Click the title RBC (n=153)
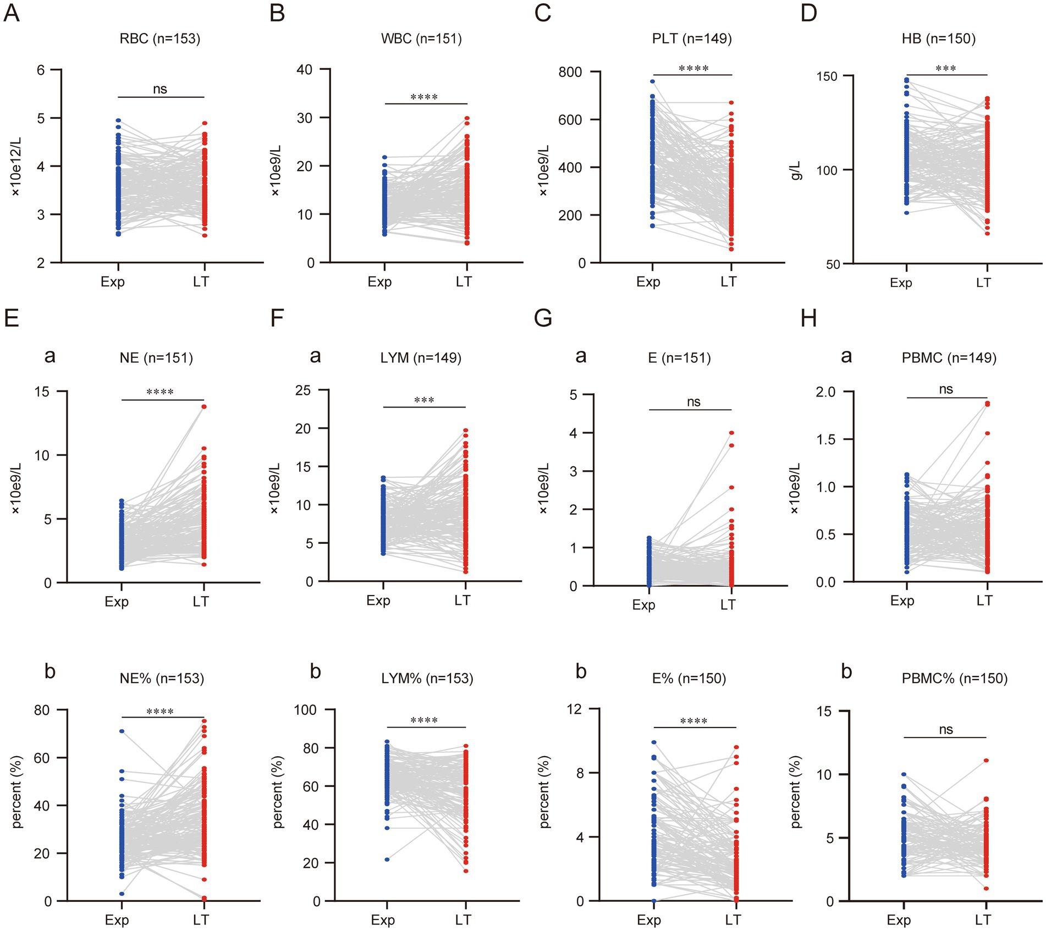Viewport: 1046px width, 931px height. (159, 38)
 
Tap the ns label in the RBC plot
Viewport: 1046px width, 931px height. (160, 89)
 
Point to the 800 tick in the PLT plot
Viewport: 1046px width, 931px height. (570, 72)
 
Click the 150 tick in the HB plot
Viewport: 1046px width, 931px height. (827, 76)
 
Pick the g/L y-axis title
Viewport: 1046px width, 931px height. (796, 170)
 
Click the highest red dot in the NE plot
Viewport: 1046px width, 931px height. (204, 407)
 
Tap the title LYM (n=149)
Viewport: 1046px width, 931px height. (421, 358)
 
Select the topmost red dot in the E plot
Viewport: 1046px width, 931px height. (731, 433)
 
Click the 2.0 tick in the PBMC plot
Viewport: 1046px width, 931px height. (825, 392)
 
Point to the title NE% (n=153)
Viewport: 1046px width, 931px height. (162, 679)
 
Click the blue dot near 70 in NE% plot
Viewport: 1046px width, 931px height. (122, 731)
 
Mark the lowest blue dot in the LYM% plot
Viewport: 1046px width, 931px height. (387, 860)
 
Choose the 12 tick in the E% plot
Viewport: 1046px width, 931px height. (574, 709)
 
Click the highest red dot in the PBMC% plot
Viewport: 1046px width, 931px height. (987, 761)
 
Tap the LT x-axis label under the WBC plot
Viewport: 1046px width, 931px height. (464, 282)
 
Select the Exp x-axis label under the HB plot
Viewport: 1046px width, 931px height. (901, 283)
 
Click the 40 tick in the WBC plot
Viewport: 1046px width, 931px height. (304, 70)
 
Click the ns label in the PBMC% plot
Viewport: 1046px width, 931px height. (946, 730)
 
